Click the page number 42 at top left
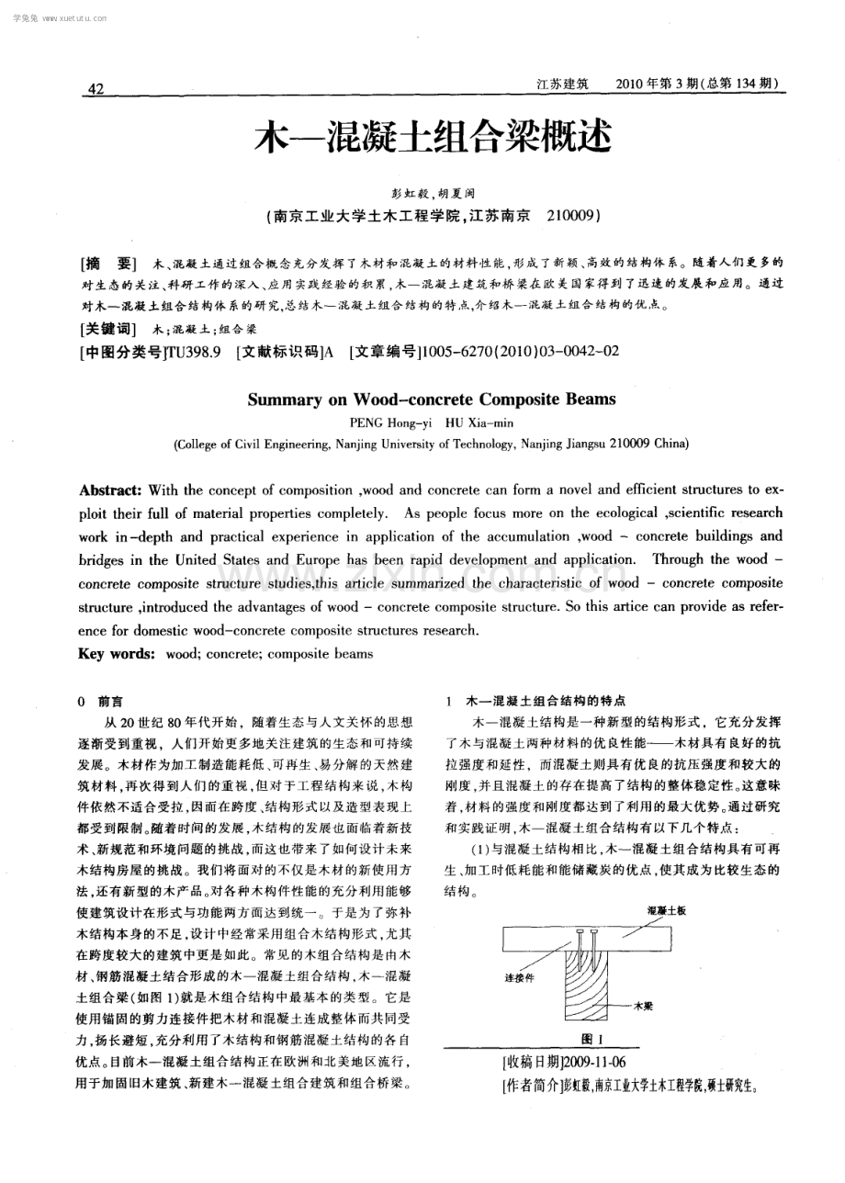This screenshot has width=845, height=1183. [96, 89]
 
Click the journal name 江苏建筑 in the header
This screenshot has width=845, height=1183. [561, 84]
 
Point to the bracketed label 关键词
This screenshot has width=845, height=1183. [108, 328]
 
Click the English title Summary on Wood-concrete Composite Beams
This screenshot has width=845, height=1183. [432, 400]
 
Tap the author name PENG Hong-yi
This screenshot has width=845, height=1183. [386, 422]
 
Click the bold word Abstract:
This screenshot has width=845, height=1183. [111, 490]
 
